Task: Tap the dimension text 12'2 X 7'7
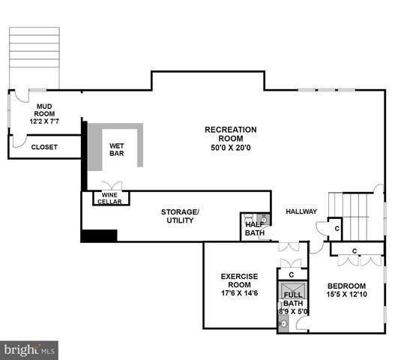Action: click(43, 121)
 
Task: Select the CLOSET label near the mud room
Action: click(43, 148)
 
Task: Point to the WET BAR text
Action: click(116, 149)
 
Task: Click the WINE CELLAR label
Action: click(109, 198)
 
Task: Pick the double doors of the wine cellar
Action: click(112, 185)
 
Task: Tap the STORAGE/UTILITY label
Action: click(180, 216)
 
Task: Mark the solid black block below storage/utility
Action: click(99, 235)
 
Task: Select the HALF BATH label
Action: click(254, 229)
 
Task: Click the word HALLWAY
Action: click(301, 211)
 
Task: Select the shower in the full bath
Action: click(291, 289)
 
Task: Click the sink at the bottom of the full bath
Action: click(283, 324)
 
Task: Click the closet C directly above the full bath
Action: click(291, 274)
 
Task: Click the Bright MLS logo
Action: click(30, 349)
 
